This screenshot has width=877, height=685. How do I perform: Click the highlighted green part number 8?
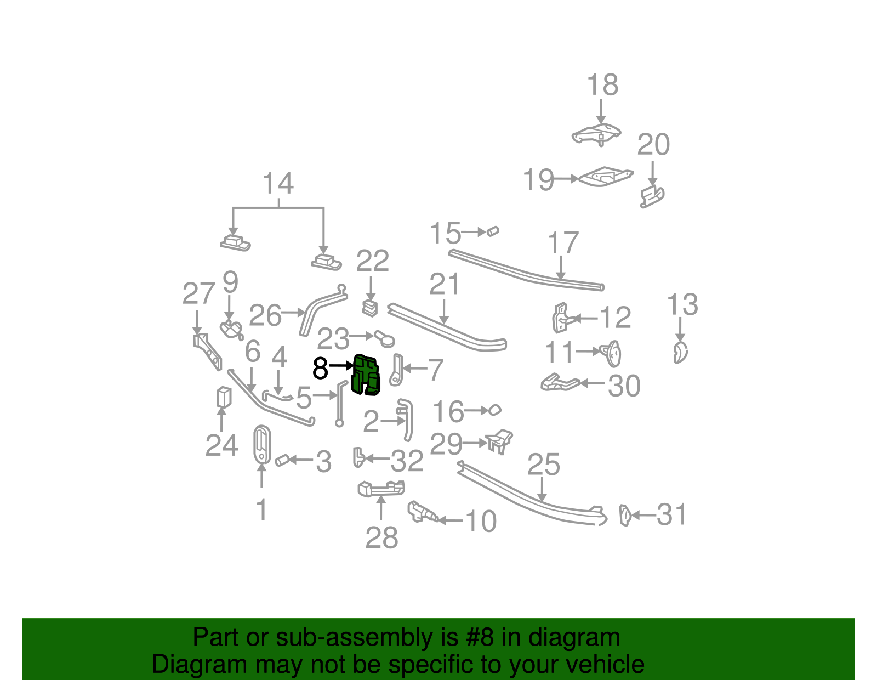point(366,375)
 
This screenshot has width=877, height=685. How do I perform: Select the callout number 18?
point(602,86)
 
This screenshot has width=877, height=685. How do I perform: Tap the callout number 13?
point(682,305)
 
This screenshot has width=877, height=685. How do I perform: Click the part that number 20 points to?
point(652,196)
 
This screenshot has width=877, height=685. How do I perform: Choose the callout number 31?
point(672,515)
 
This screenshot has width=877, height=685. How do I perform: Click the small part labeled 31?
point(625,515)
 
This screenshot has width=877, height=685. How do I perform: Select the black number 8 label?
point(320,369)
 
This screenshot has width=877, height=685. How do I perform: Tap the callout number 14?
point(278,183)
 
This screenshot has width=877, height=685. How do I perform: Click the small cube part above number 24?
point(223,397)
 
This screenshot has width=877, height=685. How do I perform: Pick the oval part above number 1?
point(262,444)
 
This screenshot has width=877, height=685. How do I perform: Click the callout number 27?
point(198,294)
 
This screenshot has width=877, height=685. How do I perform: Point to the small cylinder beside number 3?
point(282,460)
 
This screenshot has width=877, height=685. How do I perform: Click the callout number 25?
point(543,465)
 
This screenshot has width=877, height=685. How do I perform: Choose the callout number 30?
point(624,386)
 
